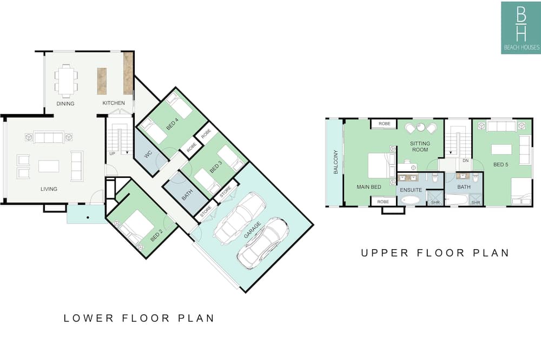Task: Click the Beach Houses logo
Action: click(521, 28)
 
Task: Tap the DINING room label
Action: click(65, 103)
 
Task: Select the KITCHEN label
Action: click(114, 103)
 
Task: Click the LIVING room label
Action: click(49, 189)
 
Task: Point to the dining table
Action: click(66, 81)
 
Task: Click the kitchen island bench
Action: click(102, 81)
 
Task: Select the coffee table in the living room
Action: click(49, 166)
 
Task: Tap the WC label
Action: click(148, 155)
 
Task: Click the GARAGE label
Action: click(252, 230)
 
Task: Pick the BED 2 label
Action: click(157, 236)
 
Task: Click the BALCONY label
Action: click(336, 162)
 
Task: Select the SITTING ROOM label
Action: click(420, 146)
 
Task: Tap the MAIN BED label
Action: click(369, 187)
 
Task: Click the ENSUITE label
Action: click(411, 190)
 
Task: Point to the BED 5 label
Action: click(500, 164)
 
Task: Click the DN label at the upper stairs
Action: click(465, 161)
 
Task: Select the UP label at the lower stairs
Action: click(112, 154)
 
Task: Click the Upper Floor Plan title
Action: click(435, 253)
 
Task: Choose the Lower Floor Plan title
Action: click(139, 318)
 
